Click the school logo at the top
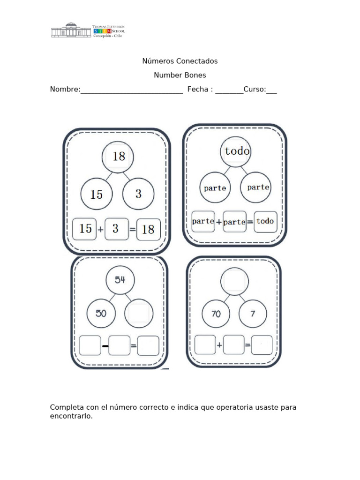click(88, 30)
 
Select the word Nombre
click(64, 90)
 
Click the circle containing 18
click(118, 157)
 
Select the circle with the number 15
click(96, 194)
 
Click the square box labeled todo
click(265, 221)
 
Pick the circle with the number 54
click(120, 280)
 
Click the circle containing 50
click(102, 313)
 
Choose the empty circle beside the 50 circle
click(138, 313)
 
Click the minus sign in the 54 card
click(105, 346)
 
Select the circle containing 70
click(216, 314)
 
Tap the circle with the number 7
click(253, 314)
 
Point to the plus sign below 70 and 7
click(219, 346)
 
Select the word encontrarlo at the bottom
click(71, 416)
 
